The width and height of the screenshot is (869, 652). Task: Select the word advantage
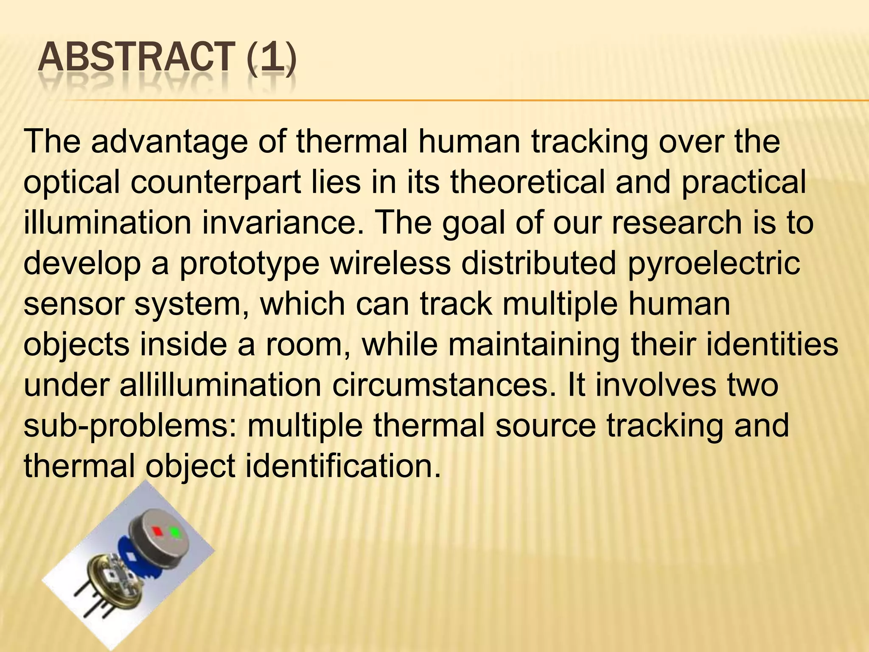[x=168, y=142]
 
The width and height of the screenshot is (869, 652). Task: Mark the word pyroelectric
[x=714, y=264]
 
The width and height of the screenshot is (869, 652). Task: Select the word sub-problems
[x=130, y=427]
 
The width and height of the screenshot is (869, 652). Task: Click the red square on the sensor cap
[x=158, y=531]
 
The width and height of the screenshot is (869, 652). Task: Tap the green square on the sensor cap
[x=174, y=531]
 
